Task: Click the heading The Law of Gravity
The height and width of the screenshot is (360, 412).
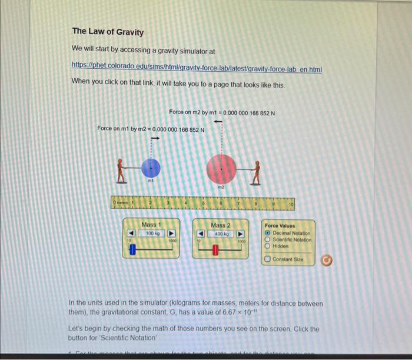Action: [x=108, y=32]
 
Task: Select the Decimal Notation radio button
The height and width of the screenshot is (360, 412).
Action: [x=268, y=233]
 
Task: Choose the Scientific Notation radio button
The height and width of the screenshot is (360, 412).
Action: [x=268, y=239]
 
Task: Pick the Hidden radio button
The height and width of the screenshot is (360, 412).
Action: [x=268, y=246]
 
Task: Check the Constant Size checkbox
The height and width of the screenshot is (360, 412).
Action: [x=268, y=259]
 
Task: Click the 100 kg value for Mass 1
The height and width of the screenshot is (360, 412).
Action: [x=152, y=234]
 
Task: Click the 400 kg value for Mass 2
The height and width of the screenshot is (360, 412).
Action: [x=221, y=234]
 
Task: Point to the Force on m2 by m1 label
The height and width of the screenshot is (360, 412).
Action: [x=222, y=112]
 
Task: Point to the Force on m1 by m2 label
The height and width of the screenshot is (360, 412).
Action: [x=151, y=129]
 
